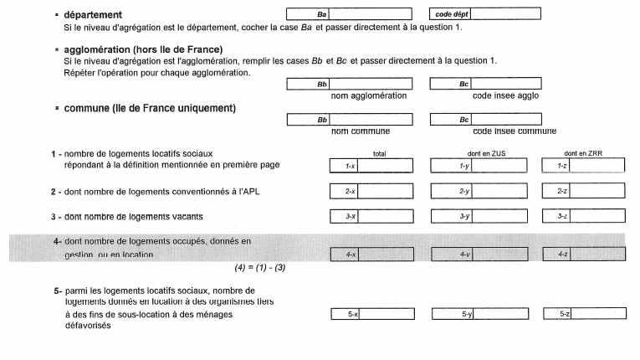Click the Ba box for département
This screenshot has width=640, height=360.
pos(349,15)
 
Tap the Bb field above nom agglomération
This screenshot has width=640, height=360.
pos(349,85)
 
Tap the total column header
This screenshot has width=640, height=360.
pos(379,154)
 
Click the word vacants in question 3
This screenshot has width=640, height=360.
pos(186,218)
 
